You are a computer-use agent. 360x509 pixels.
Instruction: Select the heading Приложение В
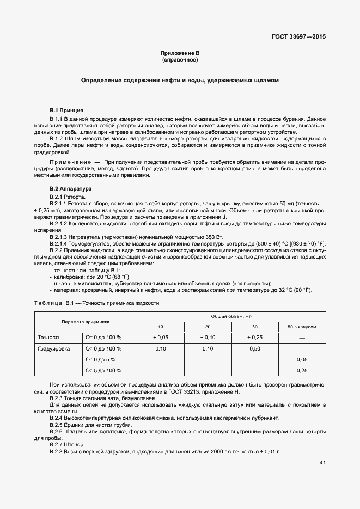point(180,53)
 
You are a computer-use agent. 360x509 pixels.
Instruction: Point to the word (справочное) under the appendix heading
point(180,59)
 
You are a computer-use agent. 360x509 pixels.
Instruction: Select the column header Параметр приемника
point(86,322)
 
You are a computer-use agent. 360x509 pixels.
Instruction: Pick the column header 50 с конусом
point(302,327)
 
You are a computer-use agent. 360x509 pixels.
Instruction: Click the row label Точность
point(49,338)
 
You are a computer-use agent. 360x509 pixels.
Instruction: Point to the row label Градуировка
point(53,348)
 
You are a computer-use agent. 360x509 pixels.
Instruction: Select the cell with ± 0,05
point(160,338)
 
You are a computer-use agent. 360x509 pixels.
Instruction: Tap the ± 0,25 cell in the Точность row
point(254,338)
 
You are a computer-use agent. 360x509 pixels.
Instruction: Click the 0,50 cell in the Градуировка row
point(254,348)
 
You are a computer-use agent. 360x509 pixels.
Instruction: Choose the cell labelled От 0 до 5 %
point(100,359)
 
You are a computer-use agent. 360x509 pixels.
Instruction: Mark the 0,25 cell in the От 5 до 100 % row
point(302,370)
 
